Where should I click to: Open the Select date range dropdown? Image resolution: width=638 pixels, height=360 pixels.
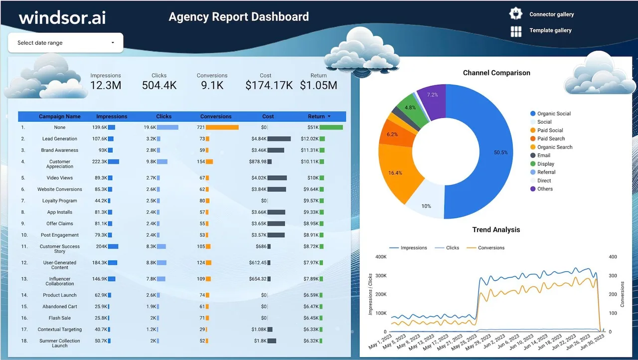pyautogui.click(x=65, y=43)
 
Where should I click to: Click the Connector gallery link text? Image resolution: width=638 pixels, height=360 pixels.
pyautogui.click(x=551, y=14)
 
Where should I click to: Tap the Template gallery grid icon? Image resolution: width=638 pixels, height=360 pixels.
pyautogui.click(x=516, y=31)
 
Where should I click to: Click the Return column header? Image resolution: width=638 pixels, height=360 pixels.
pyautogui.click(x=316, y=117)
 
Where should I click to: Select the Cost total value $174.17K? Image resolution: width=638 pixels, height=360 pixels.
pyautogui.click(x=269, y=85)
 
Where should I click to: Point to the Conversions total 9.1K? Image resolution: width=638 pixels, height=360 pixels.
pyautogui.click(x=212, y=85)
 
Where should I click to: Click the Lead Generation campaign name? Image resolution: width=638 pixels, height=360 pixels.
pyautogui.click(x=59, y=139)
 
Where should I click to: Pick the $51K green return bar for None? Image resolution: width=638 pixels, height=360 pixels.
pyautogui.click(x=331, y=127)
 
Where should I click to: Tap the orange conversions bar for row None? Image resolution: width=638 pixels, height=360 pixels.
pyautogui.click(x=222, y=127)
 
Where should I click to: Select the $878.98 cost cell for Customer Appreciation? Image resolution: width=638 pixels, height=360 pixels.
pyautogui.click(x=258, y=162)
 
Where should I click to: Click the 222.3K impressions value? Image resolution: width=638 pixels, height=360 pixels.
pyautogui.click(x=99, y=162)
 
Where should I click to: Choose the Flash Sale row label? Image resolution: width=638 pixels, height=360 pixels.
pyautogui.click(x=59, y=318)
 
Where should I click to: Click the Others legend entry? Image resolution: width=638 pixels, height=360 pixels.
pyautogui.click(x=541, y=189)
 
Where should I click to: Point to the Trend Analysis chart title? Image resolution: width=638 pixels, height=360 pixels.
pyautogui.click(x=496, y=229)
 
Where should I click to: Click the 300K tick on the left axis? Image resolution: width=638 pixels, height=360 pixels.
pyautogui.click(x=381, y=276)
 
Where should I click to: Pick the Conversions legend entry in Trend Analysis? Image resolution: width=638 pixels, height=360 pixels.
pyautogui.click(x=485, y=248)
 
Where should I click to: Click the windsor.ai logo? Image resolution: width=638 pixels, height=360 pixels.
pyautogui.click(x=62, y=17)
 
